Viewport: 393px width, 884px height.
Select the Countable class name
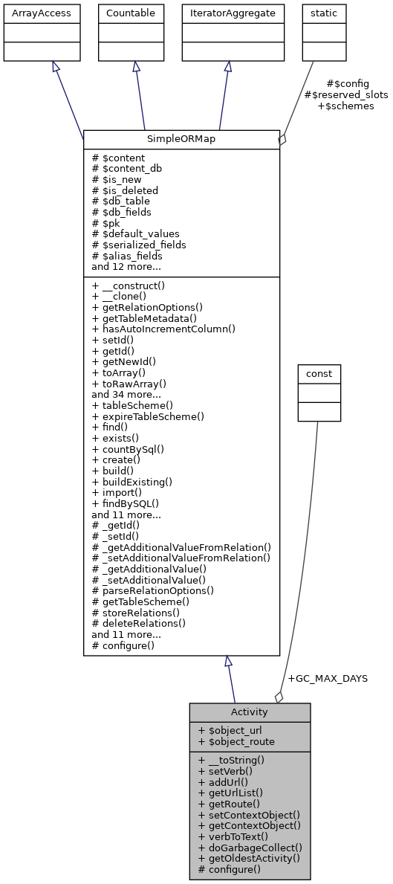click(x=131, y=13)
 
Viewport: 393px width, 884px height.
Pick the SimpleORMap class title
click(x=181, y=140)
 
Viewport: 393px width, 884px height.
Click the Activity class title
click(x=250, y=712)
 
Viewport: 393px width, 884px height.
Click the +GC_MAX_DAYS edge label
click(x=327, y=678)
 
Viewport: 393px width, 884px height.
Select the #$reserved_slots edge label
click(x=345, y=95)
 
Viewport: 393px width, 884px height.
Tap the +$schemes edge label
click(x=345, y=106)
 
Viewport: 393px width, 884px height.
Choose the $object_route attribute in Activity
click(x=236, y=741)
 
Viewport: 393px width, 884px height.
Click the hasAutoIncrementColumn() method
click(x=163, y=329)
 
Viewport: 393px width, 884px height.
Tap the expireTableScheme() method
click(x=148, y=416)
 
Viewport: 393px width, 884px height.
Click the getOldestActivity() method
click(x=249, y=858)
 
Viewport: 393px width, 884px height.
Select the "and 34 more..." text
click(x=126, y=395)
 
